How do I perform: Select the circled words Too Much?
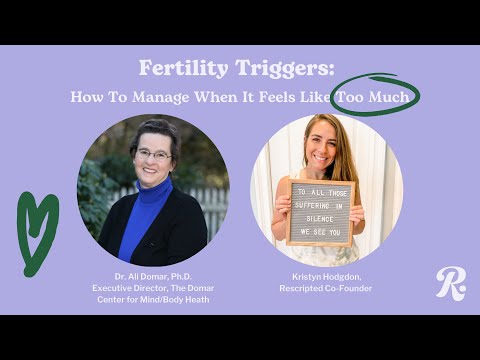pos(376,98)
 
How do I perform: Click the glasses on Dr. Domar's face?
pos(153,155)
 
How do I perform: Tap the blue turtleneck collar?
pos(155,190)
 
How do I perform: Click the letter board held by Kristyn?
pos(320,212)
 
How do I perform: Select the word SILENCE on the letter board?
pos(320,214)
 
